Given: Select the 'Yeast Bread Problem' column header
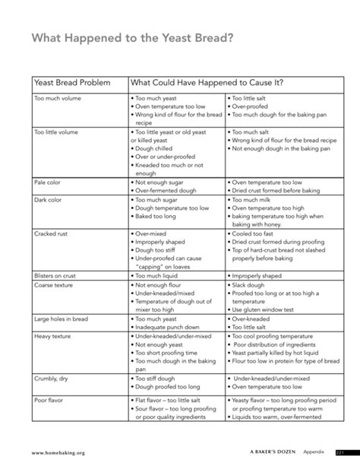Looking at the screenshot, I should [x=72, y=81].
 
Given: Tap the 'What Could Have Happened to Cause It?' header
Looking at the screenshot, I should [x=213, y=81].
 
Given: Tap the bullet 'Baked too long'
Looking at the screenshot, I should [x=160, y=216].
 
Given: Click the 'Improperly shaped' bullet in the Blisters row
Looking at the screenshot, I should [x=261, y=275].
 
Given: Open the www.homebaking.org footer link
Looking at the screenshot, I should [x=58, y=452].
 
